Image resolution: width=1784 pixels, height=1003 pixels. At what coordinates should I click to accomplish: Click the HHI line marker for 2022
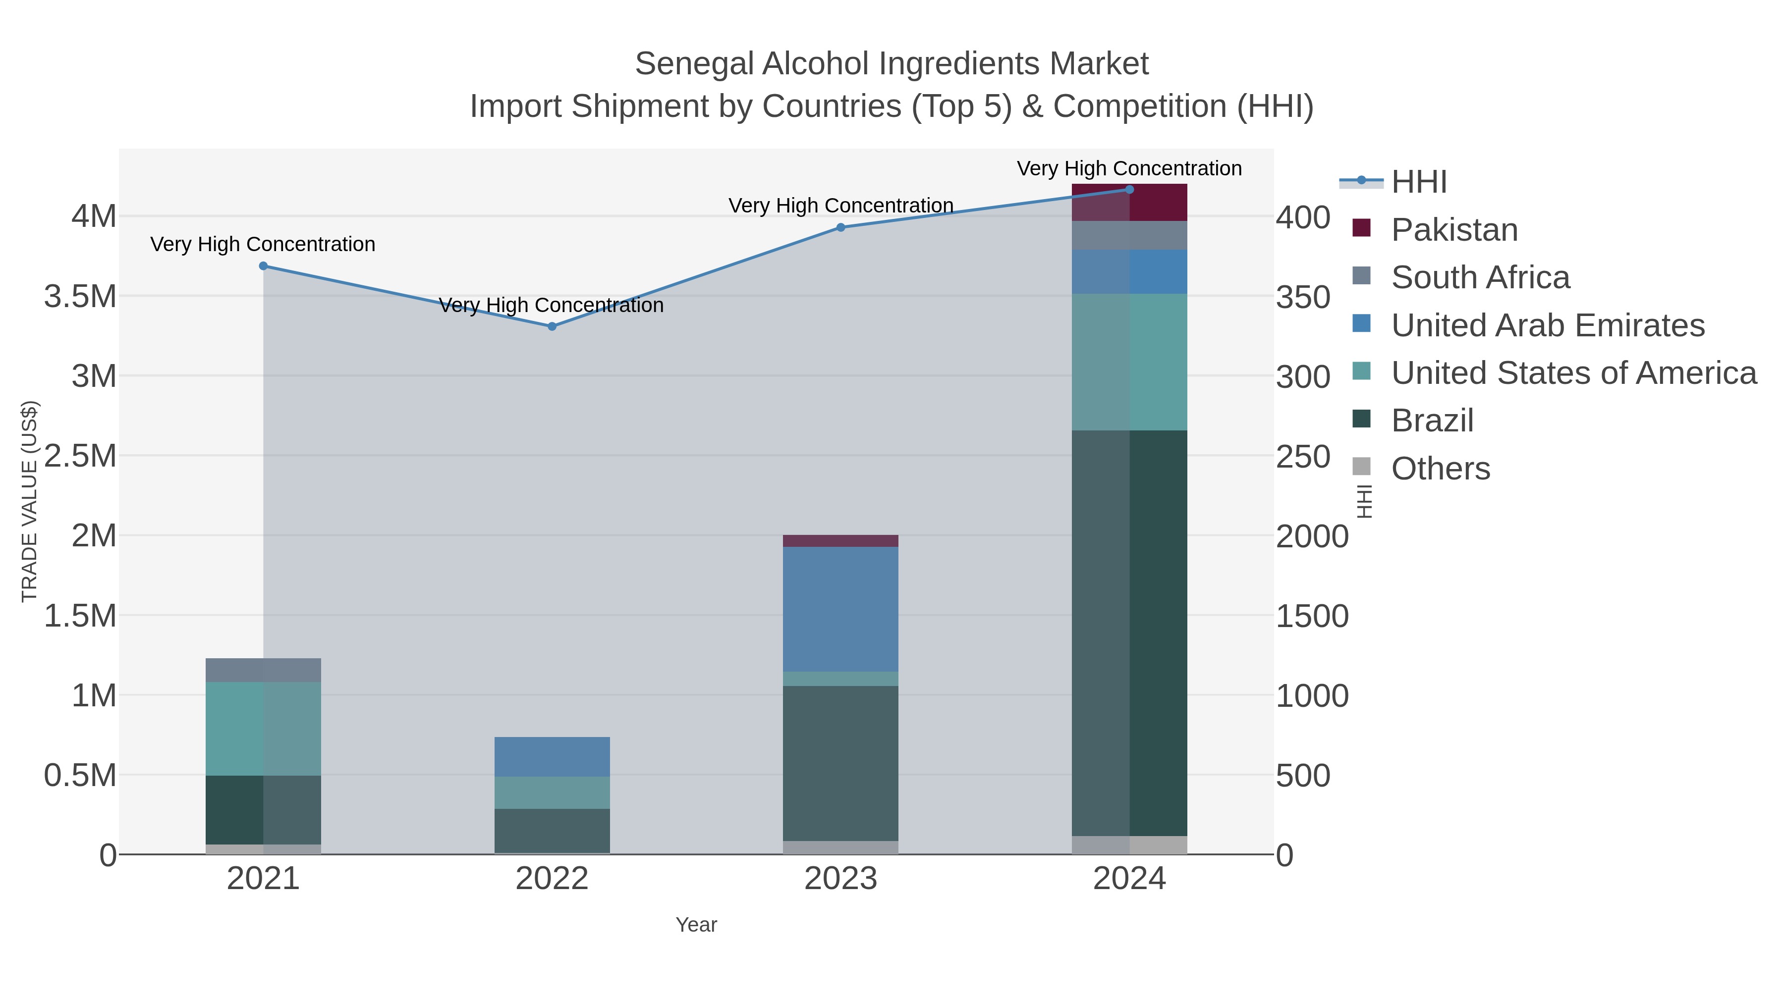[x=552, y=326]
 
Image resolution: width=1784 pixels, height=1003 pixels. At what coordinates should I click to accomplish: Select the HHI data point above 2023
[x=841, y=227]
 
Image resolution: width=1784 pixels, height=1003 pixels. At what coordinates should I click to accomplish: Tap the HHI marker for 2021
[x=263, y=266]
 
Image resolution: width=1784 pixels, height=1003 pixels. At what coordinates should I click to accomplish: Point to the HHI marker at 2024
[x=1129, y=190]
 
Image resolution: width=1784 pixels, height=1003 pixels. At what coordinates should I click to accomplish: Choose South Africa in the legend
[x=1479, y=277]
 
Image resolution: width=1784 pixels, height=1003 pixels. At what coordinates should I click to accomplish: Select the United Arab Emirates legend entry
[x=1547, y=325]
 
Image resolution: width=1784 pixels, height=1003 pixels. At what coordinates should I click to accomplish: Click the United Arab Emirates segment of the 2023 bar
[x=841, y=609]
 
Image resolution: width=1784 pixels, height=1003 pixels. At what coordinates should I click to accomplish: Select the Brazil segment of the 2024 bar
[x=1129, y=633]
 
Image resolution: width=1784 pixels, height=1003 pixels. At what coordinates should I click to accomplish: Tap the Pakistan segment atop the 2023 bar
[x=841, y=540]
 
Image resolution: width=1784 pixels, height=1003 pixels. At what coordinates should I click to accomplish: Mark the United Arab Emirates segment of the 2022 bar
[x=552, y=756]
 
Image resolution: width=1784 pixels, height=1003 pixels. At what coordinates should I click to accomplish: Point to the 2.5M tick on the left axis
[x=80, y=456]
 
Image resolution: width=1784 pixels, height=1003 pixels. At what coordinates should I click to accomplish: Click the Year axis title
[x=696, y=925]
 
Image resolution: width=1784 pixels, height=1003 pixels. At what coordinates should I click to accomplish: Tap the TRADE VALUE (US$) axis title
[x=29, y=501]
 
